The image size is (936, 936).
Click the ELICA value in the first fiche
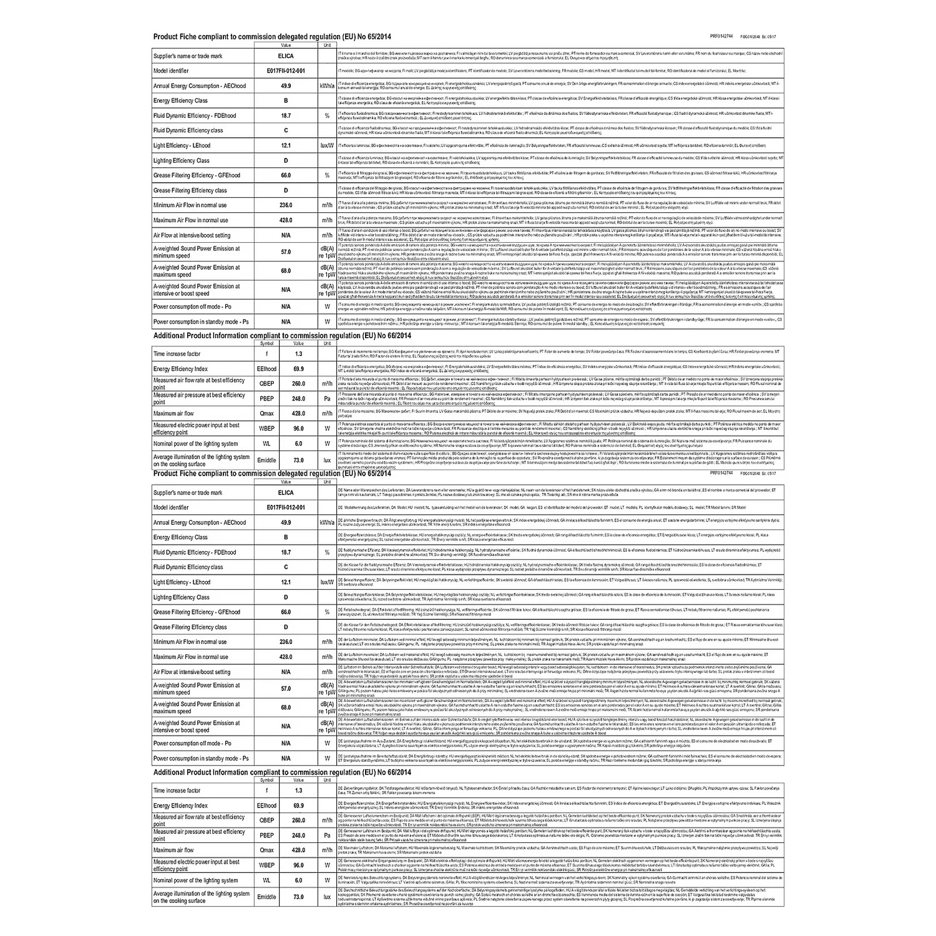coord(286,56)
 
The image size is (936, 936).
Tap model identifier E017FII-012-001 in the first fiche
coord(286,71)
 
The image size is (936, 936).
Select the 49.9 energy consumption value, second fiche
coord(286,523)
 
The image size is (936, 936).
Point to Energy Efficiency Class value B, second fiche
coord(286,537)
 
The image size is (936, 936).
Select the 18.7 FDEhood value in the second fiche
coord(286,552)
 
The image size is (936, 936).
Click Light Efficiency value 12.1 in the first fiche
coord(286,145)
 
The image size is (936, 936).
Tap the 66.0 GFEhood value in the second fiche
coord(286,612)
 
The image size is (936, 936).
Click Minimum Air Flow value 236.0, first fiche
coord(286,205)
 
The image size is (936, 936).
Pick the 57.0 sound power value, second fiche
coord(286,689)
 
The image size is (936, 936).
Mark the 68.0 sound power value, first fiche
coord(286,271)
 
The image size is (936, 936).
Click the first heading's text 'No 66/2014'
coord(393,336)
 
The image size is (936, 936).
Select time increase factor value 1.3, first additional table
coord(298,354)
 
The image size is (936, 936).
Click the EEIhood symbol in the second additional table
coord(266,806)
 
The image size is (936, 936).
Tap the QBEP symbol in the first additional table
coord(266,384)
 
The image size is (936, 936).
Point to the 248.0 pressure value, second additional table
coord(298,836)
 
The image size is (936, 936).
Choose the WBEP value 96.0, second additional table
coord(298,865)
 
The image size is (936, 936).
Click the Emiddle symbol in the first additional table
coord(266,461)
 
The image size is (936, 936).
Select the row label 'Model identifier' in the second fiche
coord(171,508)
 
